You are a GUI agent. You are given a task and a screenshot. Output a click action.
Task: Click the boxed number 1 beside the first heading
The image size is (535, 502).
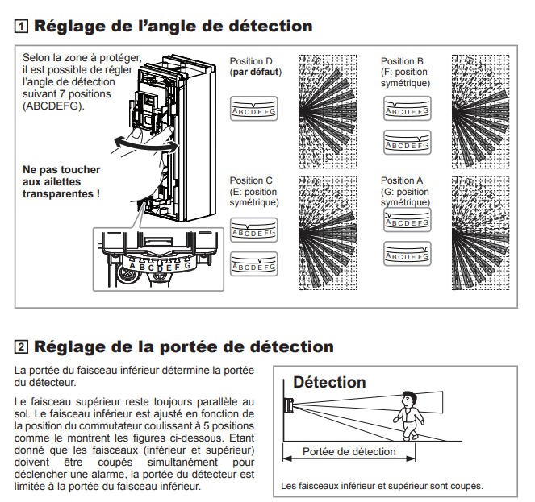19,26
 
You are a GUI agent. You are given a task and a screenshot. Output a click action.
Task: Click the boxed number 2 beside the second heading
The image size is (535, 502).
19,348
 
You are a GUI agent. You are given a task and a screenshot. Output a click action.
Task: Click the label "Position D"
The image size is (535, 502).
252,61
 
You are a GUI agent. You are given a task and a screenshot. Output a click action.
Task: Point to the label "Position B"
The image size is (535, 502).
402,61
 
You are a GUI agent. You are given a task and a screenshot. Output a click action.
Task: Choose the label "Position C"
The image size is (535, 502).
252,181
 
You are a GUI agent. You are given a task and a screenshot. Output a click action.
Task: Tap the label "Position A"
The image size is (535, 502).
402,181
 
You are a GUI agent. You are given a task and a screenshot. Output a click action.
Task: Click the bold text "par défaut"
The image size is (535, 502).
256,72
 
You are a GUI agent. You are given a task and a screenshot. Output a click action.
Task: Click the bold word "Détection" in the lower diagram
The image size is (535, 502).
329,382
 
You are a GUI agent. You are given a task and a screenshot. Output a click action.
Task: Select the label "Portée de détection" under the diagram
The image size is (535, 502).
349,452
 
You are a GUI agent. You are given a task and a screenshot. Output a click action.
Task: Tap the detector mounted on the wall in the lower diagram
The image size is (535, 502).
287,403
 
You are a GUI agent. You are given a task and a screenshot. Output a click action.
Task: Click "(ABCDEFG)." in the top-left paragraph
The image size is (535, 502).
52,105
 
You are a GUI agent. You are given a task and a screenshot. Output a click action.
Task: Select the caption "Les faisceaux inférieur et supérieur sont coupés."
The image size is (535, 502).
382,486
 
